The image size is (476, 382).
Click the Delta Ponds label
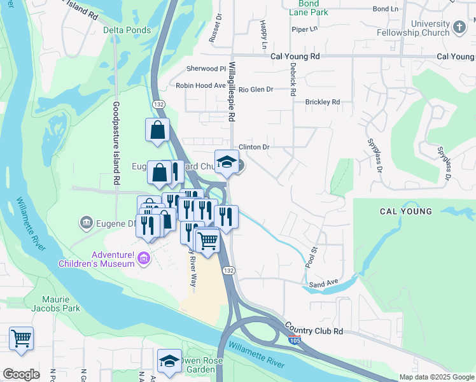coord(127,30)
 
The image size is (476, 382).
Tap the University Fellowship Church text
coord(421,27)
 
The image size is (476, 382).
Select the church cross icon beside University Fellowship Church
coord(459,27)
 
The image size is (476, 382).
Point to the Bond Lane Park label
coord(308,8)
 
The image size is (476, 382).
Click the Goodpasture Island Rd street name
coord(116,143)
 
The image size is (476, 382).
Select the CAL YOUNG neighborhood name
coord(406,211)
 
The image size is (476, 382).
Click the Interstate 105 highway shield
coord(293,341)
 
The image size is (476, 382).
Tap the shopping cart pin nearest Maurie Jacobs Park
coord(22,338)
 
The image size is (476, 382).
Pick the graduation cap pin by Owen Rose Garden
coord(169,361)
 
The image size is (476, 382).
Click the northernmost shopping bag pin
coord(157,130)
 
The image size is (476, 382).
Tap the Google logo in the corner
coord(21,374)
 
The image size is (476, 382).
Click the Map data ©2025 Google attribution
coord(437,377)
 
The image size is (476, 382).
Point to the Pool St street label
coord(311,256)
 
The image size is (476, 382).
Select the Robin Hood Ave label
coord(201,85)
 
